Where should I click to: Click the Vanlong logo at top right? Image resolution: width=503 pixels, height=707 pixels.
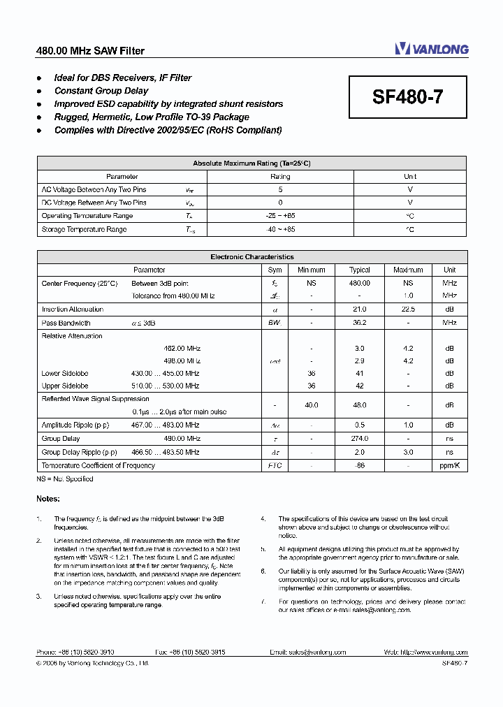pyautogui.click(x=431, y=48)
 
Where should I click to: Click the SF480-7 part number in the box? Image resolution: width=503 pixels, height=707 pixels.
pyautogui.click(x=407, y=98)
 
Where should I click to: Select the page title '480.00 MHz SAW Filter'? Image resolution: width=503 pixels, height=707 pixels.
pyautogui.click(x=90, y=51)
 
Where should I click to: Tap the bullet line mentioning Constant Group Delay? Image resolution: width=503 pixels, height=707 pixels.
pyautogui.click(x=101, y=91)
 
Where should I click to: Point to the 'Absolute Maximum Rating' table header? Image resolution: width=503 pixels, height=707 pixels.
pyautogui.click(x=251, y=163)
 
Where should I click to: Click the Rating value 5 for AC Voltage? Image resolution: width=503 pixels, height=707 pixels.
pyautogui.click(x=280, y=189)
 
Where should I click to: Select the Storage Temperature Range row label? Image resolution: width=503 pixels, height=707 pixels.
pyautogui.click(x=84, y=229)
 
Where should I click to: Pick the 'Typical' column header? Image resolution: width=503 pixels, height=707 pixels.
pyautogui.click(x=360, y=270)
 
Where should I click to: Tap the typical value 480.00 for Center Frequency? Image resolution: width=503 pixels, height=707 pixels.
pyautogui.click(x=360, y=283)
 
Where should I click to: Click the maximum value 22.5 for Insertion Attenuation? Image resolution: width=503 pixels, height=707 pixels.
pyautogui.click(x=408, y=309)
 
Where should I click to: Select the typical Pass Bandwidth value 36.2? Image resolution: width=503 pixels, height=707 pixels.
pyautogui.click(x=360, y=323)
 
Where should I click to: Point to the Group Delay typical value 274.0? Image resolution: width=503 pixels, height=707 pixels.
pyautogui.click(x=360, y=439)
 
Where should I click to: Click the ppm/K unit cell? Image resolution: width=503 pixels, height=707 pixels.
pyautogui.click(x=449, y=465)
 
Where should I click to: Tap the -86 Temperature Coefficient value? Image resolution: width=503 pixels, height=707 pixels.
pyautogui.click(x=360, y=465)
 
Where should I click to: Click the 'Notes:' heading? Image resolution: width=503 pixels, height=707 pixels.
pyautogui.click(x=48, y=498)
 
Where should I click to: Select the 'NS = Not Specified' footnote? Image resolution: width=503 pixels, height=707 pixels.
pyautogui.click(x=65, y=479)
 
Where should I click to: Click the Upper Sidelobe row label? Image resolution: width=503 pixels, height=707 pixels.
pyautogui.click(x=65, y=386)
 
